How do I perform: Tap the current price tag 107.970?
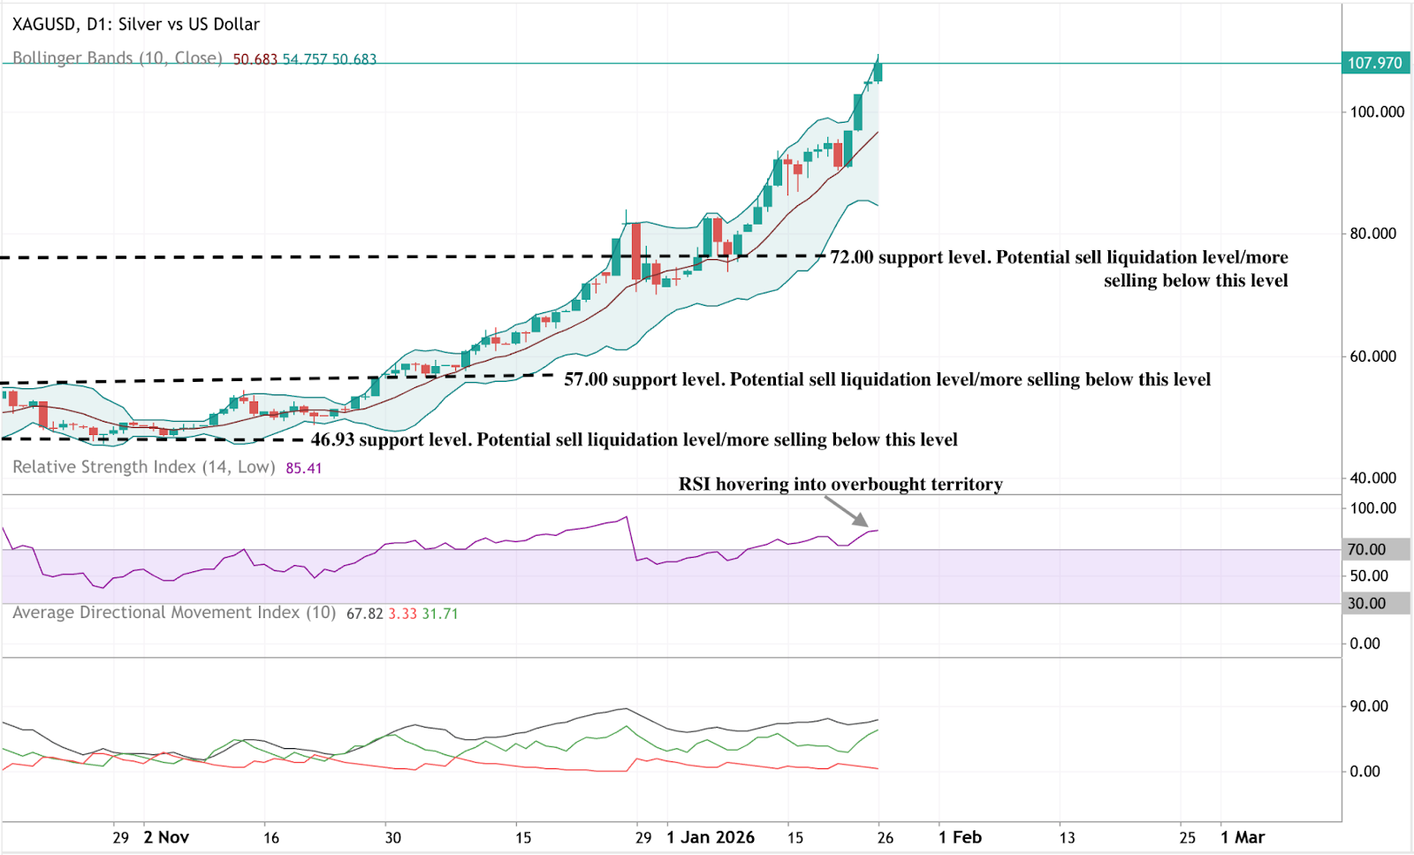tap(1374, 63)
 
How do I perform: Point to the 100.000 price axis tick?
tap(1377, 111)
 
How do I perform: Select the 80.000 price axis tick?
tap(1372, 233)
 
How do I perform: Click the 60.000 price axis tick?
tap(1372, 356)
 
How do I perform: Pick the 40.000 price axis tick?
tap(1372, 477)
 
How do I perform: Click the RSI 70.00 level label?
tap(1366, 549)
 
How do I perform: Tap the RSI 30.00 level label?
tap(1366, 603)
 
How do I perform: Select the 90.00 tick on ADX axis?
tap(1369, 706)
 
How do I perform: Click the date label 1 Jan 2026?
tap(711, 837)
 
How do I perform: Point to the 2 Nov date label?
tap(166, 837)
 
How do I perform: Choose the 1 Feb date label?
tap(960, 837)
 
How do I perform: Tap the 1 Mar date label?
tap(1243, 837)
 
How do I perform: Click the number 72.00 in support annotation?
tap(852, 257)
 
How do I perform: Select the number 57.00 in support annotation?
tap(586, 379)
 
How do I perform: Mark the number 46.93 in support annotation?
tap(332, 439)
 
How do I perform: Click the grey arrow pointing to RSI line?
tap(847, 511)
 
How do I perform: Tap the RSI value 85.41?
tap(304, 468)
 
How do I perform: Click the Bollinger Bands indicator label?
tap(117, 58)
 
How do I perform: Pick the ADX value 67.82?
tap(364, 614)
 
